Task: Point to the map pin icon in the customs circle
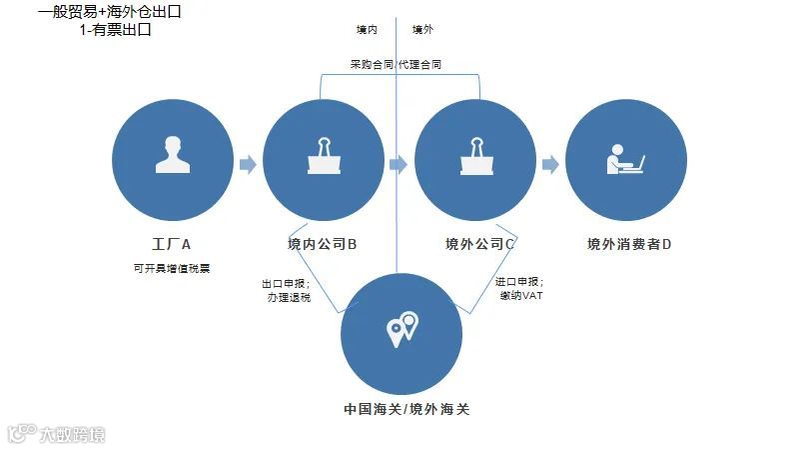(x=402, y=329)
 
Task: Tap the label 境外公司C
(x=480, y=243)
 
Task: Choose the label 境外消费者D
(x=628, y=243)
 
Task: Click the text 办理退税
(x=289, y=297)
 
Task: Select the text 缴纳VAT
(x=521, y=297)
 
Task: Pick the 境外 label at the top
(x=422, y=30)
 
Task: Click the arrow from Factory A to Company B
(x=247, y=164)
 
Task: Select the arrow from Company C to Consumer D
(x=549, y=164)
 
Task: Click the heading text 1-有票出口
(x=116, y=30)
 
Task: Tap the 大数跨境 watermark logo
(x=57, y=434)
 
